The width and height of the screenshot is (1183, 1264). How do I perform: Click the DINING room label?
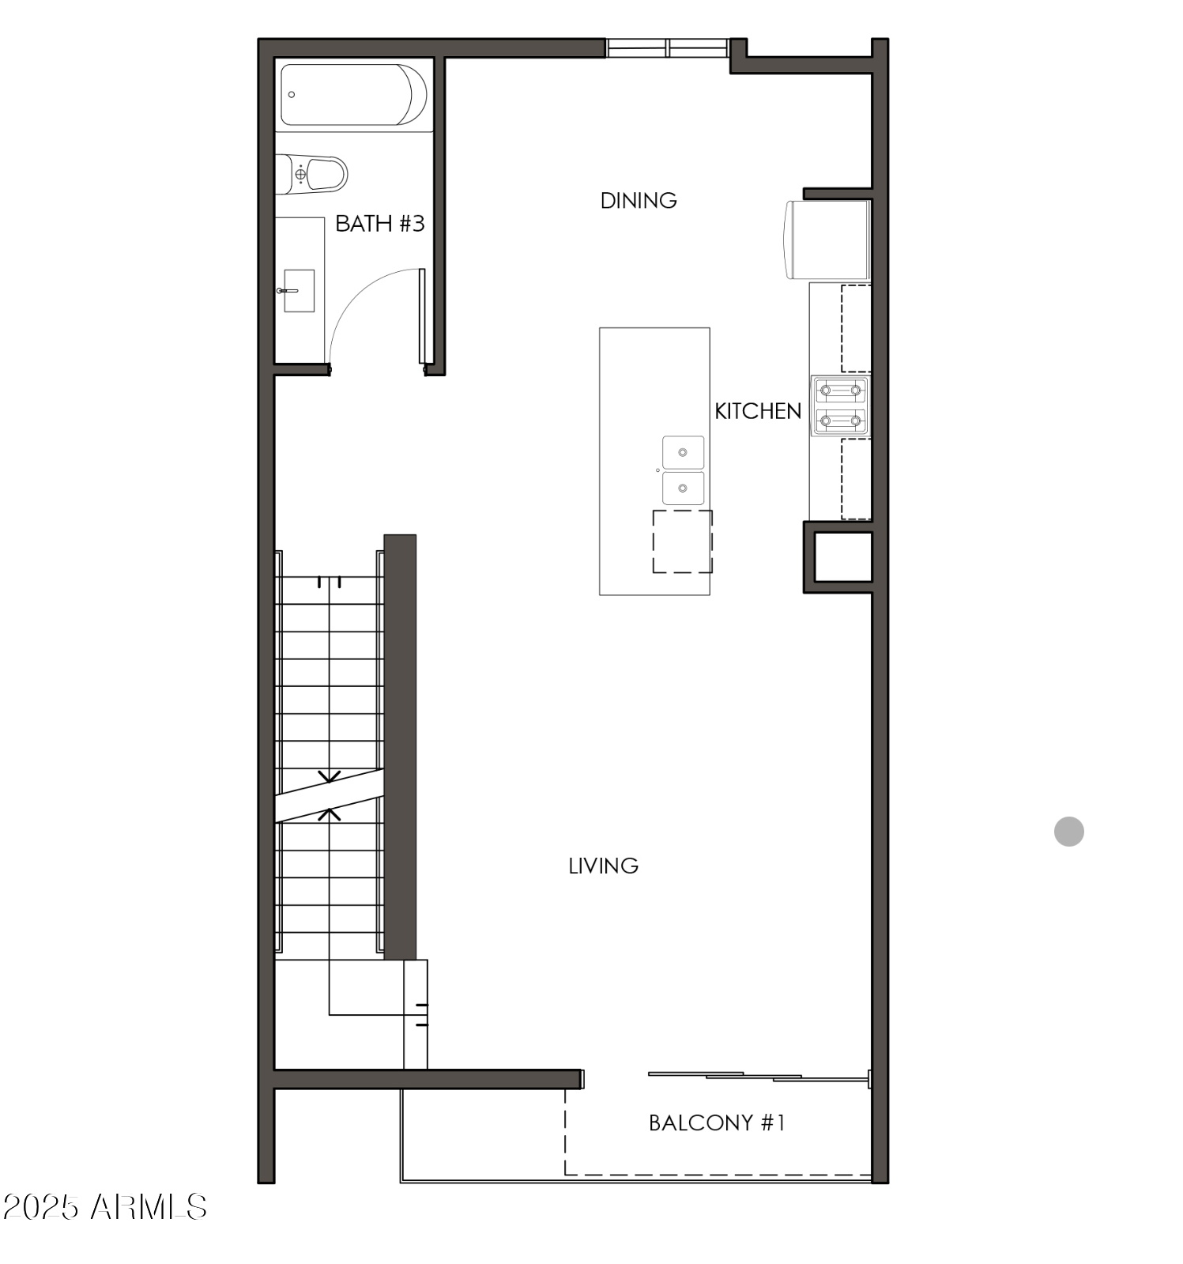point(639,201)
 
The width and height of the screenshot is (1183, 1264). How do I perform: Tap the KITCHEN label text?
point(757,411)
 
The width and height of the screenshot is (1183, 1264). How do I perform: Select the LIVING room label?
point(603,866)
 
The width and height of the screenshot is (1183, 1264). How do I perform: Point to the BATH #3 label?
point(379,224)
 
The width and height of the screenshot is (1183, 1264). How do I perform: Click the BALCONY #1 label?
point(717,1123)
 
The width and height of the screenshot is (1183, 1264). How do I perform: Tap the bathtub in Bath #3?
point(353,95)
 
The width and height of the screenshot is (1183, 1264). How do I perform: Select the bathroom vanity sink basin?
point(299,291)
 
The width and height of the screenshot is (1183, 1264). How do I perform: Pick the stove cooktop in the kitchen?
point(840,406)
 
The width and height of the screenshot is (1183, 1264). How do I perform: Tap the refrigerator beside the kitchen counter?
point(828,240)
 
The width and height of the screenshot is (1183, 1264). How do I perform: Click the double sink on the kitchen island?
point(683,470)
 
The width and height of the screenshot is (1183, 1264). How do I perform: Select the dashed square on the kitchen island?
point(682,541)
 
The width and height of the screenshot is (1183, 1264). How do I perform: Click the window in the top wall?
point(667,48)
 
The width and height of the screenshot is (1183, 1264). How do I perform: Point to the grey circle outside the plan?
point(1068,832)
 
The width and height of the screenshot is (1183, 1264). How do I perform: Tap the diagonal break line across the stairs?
point(329,796)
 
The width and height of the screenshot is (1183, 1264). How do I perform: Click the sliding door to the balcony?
point(759,1076)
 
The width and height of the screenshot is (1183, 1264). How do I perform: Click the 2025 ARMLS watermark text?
point(104,1207)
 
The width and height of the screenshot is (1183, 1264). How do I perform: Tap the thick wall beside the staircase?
point(400,747)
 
